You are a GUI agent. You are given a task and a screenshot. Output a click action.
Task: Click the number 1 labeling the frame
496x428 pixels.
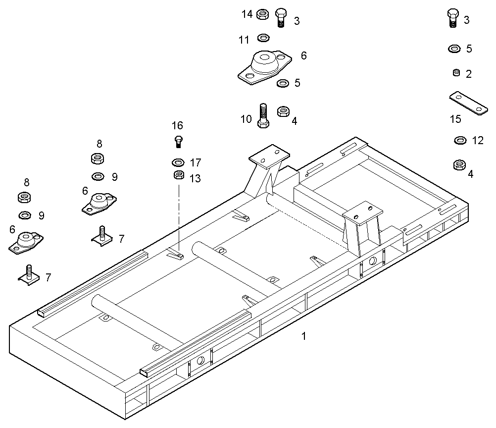(x=304, y=336)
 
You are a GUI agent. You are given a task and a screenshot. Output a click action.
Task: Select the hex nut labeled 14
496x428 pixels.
(x=263, y=14)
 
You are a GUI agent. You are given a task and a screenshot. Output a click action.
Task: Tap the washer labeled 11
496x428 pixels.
(x=263, y=38)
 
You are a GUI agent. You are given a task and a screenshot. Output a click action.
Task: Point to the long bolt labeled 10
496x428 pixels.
(x=263, y=115)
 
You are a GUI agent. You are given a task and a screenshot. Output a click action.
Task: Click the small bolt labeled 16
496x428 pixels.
(x=179, y=141)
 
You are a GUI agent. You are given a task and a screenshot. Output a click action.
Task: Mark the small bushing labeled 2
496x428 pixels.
(x=456, y=73)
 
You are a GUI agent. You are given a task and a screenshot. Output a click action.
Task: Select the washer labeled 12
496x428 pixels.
(x=460, y=141)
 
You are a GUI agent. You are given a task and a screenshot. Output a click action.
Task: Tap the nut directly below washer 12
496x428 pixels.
(x=459, y=164)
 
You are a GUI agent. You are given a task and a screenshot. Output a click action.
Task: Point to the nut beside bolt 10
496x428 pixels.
(x=284, y=111)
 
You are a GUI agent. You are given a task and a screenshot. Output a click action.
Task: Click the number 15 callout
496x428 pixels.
(x=455, y=119)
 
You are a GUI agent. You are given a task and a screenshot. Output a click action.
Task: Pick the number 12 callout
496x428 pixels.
(x=478, y=141)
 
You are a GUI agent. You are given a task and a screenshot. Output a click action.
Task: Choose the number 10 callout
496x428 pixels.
(x=246, y=119)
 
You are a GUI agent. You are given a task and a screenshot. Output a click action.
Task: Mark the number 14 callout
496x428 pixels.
(x=247, y=14)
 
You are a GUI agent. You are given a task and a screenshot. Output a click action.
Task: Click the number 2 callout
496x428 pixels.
(x=469, y=74)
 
